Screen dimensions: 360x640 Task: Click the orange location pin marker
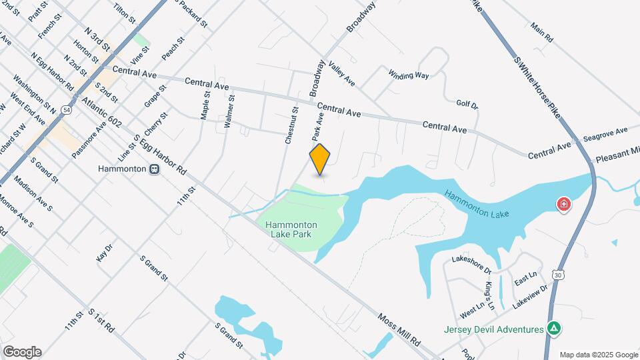[320, 159]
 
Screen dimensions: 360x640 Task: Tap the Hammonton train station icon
[154, 169]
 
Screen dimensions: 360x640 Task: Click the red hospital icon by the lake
[564, 203]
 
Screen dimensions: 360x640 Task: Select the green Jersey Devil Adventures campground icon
[553, 329]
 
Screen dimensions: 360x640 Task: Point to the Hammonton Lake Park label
[291, 229]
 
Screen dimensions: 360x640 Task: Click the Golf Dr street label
[467, 104]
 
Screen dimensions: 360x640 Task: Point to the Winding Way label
[409, 75]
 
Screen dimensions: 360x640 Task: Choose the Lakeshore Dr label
[471, 265]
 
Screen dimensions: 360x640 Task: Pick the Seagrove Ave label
[605, 133]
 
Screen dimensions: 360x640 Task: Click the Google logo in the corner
[22, 352]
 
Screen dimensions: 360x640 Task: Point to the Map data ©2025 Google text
[597, 355]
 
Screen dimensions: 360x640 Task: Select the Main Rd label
[542, 33]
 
